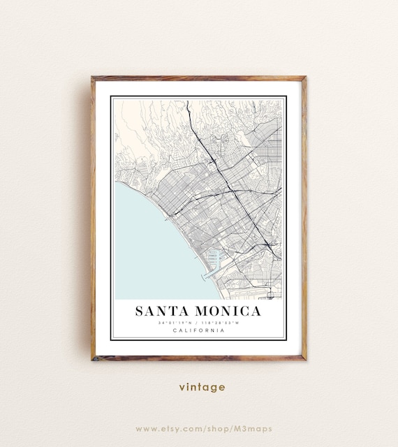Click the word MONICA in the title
[224, 311]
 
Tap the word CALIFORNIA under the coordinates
[198, 330]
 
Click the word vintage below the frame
[201, 387]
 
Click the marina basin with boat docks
[213, 259]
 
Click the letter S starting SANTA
[140, 311]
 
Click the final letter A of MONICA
[256, 311]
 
